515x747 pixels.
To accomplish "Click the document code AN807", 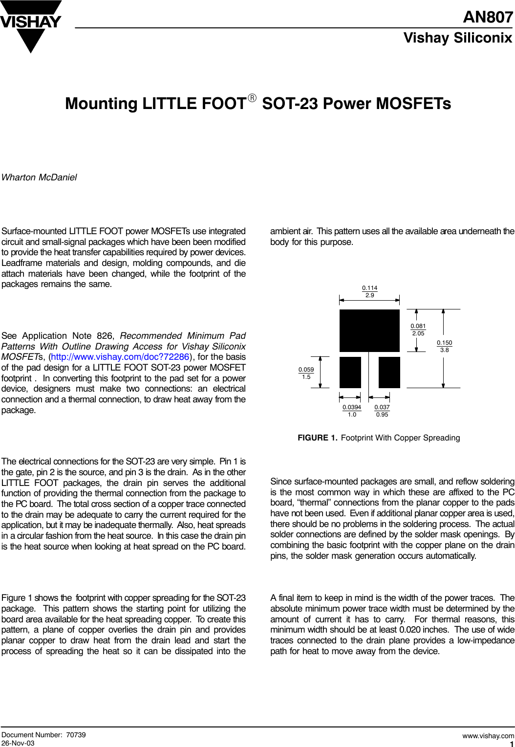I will tap(488, 17).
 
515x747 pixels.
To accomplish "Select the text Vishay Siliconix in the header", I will tap(457, 38).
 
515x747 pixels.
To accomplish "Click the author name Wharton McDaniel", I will tap(39, 177).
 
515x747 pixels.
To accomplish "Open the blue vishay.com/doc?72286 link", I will tap(120, 357).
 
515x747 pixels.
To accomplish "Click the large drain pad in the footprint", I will tap(369, 330).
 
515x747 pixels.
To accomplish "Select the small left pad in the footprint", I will tap(350, 373).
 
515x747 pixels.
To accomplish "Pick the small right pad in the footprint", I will tap(389, 373).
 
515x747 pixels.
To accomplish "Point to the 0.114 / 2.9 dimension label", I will tap(369, 291).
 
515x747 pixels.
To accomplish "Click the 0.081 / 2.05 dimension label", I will tap(418, 330).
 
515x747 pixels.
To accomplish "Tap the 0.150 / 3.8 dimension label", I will tap(444, 346).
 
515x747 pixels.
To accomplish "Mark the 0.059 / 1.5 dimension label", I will tap(306, 373).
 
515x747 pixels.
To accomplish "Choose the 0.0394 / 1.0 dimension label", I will tap(352, 411).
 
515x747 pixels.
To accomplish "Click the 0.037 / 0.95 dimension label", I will tap(382, 411).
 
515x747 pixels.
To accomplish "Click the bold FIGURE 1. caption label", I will tap(317, 438).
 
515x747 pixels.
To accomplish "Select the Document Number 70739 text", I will tap(43, 735).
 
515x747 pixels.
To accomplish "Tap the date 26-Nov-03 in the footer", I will tap(18, 743).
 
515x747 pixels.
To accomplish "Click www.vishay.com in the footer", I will tap(488, 735).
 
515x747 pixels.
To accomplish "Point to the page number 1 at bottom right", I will tap(511, 744).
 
